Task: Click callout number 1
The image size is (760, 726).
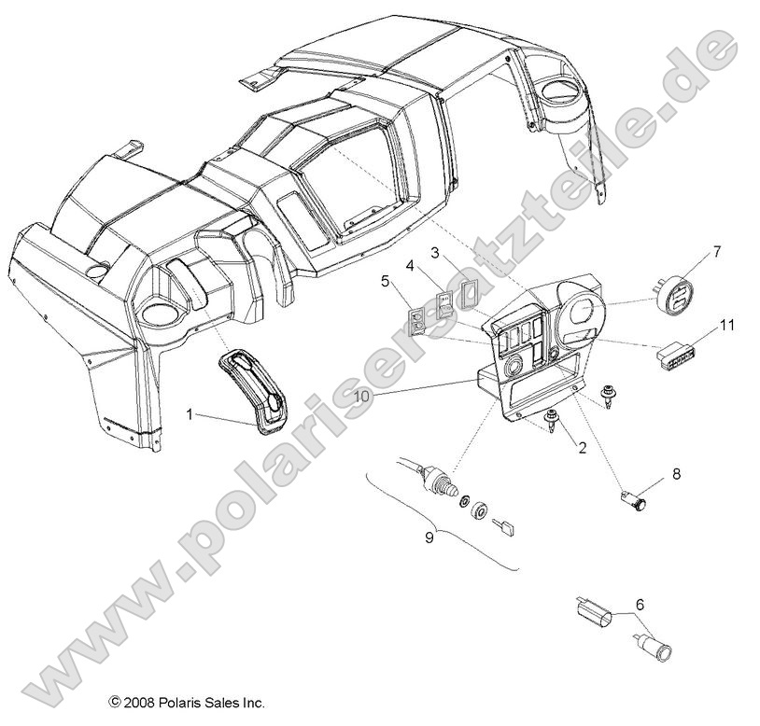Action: coord(190,413)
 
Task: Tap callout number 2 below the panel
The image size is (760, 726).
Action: coord(581,448)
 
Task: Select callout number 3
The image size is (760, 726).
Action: coord(435,253)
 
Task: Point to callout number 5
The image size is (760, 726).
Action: coord(384,279)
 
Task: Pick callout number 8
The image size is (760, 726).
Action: coord(676,474)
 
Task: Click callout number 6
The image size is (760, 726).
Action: coord(639,605)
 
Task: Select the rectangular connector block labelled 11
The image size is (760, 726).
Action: coord(680,356)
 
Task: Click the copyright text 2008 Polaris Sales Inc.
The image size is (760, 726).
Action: coord(186,703)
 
